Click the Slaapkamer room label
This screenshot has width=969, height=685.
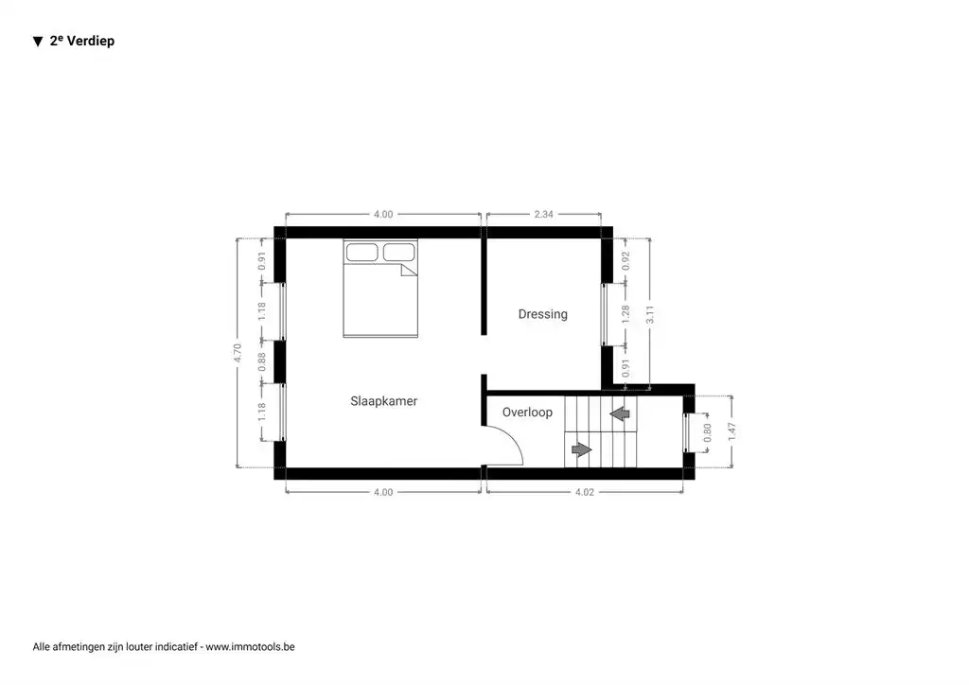pos(383,401)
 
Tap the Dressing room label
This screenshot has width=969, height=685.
pos(542,314)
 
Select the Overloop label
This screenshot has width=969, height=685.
pos(527,413)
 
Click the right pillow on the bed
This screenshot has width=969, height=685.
pos(398,253)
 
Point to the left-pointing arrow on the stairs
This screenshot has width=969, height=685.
pos(620,413)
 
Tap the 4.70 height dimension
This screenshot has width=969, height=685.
pos(238,354)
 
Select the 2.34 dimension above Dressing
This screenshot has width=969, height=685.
pos(543,215)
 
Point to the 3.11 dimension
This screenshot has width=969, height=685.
pos(649,315)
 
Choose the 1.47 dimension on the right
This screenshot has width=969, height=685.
pos(731,431)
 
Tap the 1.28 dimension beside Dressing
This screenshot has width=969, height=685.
pos(625,314)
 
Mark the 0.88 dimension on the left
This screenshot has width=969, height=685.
pos(262,361)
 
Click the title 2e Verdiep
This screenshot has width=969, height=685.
pos(82,41)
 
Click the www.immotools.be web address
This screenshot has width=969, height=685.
pos(250,647)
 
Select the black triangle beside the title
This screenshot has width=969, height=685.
pos(38,42)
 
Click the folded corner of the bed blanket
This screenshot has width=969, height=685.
pos(409,271)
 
